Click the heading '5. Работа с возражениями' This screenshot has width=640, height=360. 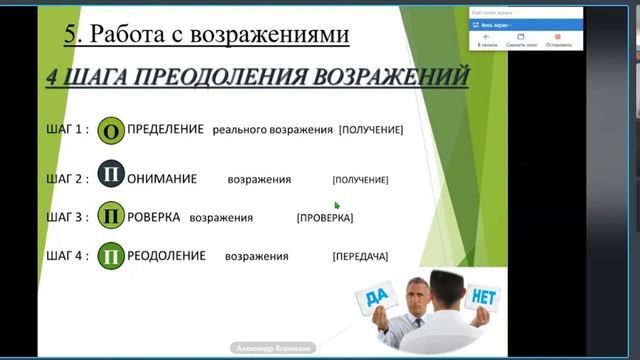[206, 35]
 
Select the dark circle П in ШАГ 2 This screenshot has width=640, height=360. [112, 177]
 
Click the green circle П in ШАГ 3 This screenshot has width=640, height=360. [112, 216]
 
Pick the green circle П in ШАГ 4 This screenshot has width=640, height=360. [112, 257]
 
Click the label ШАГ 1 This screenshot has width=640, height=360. [68, 130]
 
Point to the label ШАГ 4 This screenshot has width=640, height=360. [68, 256]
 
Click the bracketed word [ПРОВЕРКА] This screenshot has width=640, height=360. [324, 218]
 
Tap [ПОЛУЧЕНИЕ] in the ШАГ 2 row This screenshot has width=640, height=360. [360, 180]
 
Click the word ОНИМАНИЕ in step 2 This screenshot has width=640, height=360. [162, 179]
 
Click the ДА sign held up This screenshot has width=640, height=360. [377, 297]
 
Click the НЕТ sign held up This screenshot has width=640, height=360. [483, 296]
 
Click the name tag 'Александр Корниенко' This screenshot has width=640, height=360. [273, 347]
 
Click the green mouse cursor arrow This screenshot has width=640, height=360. [338, 206]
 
